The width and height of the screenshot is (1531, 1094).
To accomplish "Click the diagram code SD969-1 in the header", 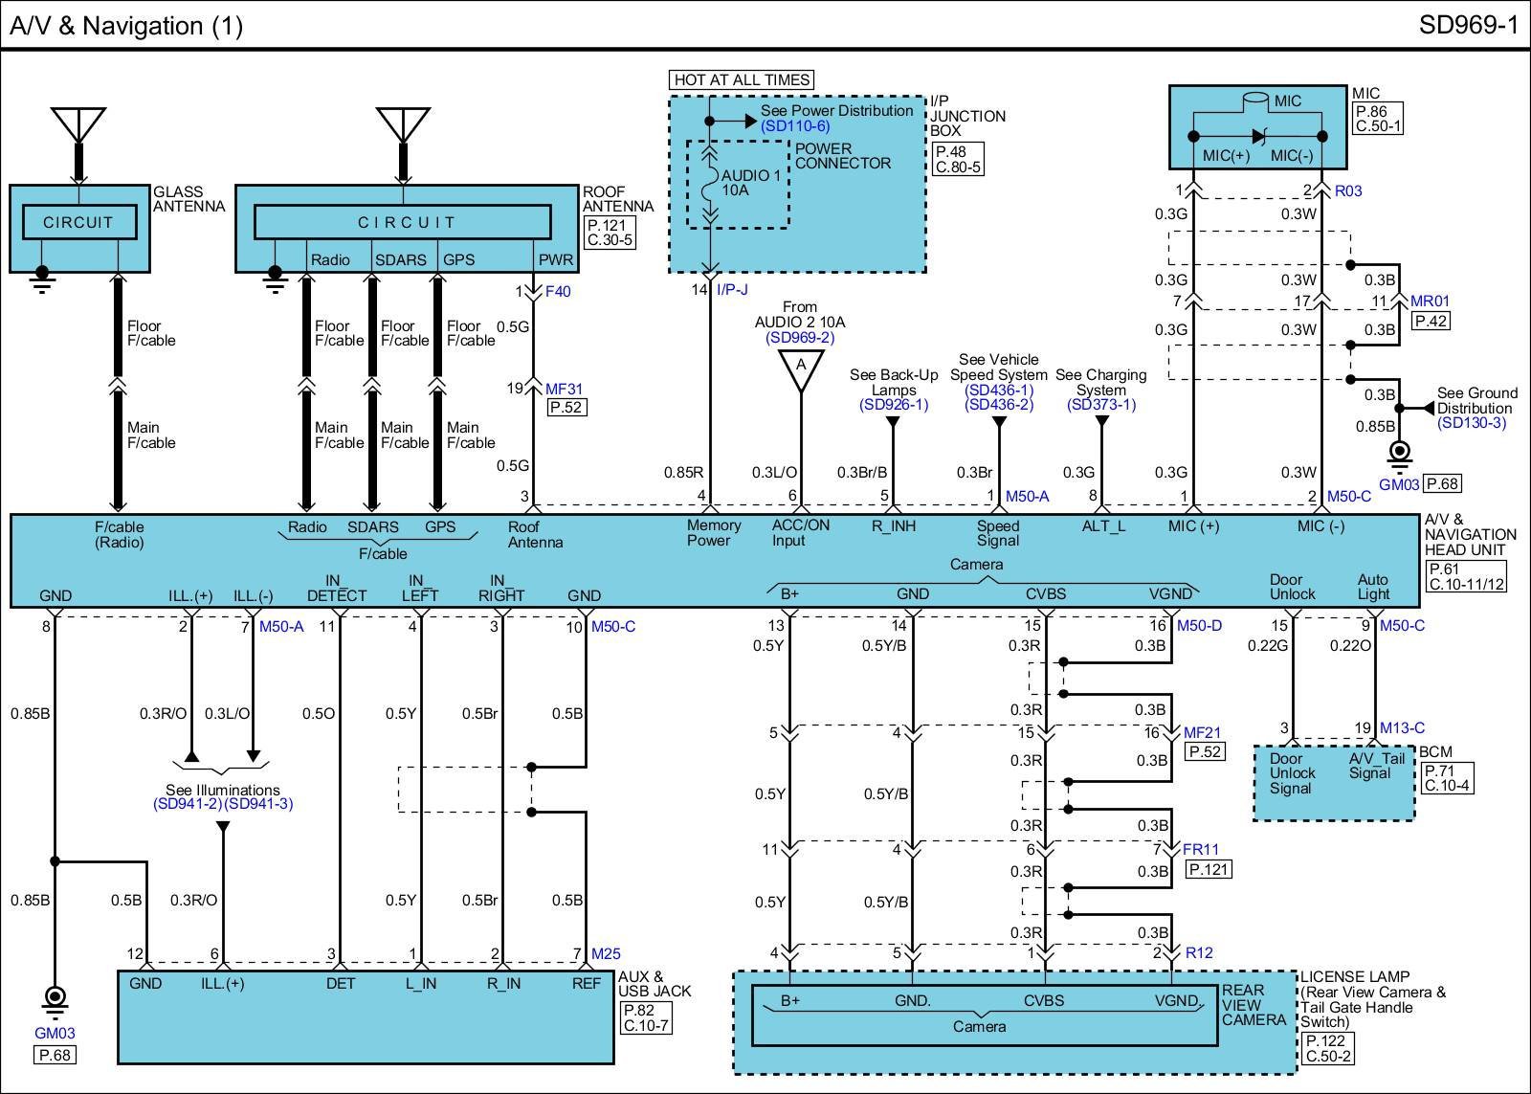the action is pos(1468,25).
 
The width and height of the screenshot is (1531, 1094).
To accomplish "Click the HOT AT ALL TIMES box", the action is pos(742,80).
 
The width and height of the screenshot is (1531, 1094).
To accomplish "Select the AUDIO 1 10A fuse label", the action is pos(750,183).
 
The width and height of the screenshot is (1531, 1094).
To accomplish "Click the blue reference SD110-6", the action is pos(795,125).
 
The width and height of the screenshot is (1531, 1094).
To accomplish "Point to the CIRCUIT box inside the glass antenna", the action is pos(79,222).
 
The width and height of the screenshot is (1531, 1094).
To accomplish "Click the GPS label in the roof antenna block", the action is pos(458,259).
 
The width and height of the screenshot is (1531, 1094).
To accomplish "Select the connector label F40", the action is pos(558,291).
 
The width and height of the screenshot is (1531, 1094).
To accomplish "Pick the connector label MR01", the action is pos(1430,301).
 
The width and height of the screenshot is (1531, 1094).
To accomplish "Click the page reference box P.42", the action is pos(1431,321).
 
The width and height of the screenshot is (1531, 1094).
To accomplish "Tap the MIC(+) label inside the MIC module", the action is pos(1226,156).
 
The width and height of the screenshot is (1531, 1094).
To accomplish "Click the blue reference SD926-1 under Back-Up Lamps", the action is pos(894,405).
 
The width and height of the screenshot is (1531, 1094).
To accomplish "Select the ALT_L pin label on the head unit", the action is pos(1103,525).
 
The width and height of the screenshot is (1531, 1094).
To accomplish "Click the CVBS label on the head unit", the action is pos(1046,593).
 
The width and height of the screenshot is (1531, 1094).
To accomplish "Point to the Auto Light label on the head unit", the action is pos(1373,587).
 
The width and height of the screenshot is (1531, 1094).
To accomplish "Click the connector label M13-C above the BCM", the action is pos(1402,727).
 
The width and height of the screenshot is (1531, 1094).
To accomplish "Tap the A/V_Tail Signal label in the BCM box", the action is pos(1376,766).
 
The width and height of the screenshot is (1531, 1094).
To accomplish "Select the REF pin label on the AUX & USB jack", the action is pos(586,983).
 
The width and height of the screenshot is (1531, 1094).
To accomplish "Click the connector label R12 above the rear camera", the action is pos(1199,952).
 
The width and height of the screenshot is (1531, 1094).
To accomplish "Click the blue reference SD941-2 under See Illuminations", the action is pos(188,804).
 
